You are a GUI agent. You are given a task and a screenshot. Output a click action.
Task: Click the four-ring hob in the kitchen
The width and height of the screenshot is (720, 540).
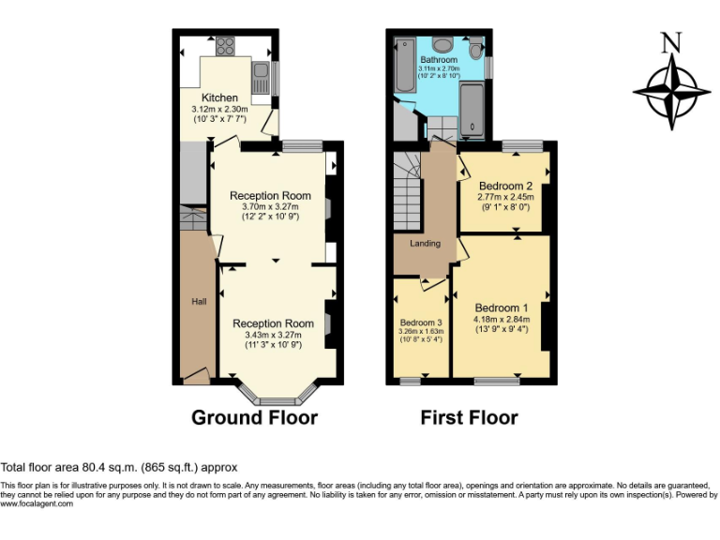[227, 46]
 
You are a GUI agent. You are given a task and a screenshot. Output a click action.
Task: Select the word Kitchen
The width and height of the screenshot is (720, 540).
[220, 97]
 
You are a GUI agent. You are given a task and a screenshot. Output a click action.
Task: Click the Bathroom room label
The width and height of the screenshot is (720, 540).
[439, 60]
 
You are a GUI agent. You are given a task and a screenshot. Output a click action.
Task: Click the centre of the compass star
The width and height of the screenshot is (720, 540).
[671, 92]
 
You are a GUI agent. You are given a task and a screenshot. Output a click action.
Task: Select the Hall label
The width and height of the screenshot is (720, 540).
[199, 302]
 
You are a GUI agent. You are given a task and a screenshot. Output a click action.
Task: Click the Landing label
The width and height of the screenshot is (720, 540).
[425, 244]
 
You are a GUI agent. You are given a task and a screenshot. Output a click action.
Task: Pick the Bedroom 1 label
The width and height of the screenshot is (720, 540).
[501, 307]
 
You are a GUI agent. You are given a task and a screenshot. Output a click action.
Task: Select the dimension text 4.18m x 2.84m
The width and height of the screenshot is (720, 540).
[502, 320]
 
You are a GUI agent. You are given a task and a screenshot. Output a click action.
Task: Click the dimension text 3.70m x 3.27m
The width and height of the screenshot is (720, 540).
[270, 206]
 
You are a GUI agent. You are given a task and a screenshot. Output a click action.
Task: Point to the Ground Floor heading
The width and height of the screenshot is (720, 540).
[254, 417]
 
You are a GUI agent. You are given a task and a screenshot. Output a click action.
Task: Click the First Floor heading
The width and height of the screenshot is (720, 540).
[469, 417]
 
